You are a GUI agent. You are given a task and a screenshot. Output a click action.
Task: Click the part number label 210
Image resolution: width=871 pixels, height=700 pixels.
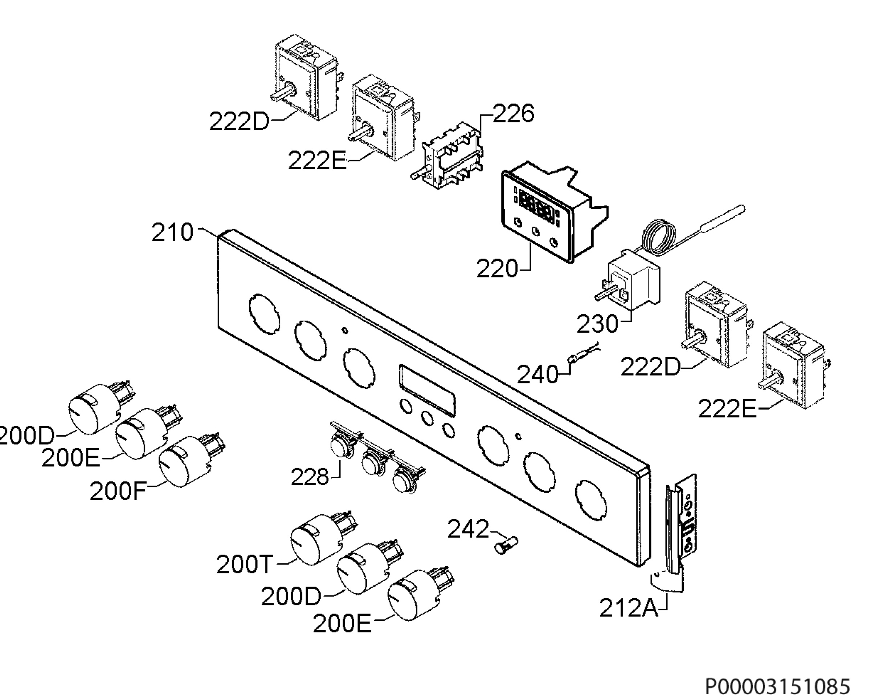click(172, 233)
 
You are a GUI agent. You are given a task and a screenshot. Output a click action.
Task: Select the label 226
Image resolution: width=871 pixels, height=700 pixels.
click(513, 114)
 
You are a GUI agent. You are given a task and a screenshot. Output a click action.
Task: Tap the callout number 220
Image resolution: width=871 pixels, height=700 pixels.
click(497, 268)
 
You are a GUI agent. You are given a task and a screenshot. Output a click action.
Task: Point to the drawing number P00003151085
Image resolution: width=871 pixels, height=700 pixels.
click(778, 687)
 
